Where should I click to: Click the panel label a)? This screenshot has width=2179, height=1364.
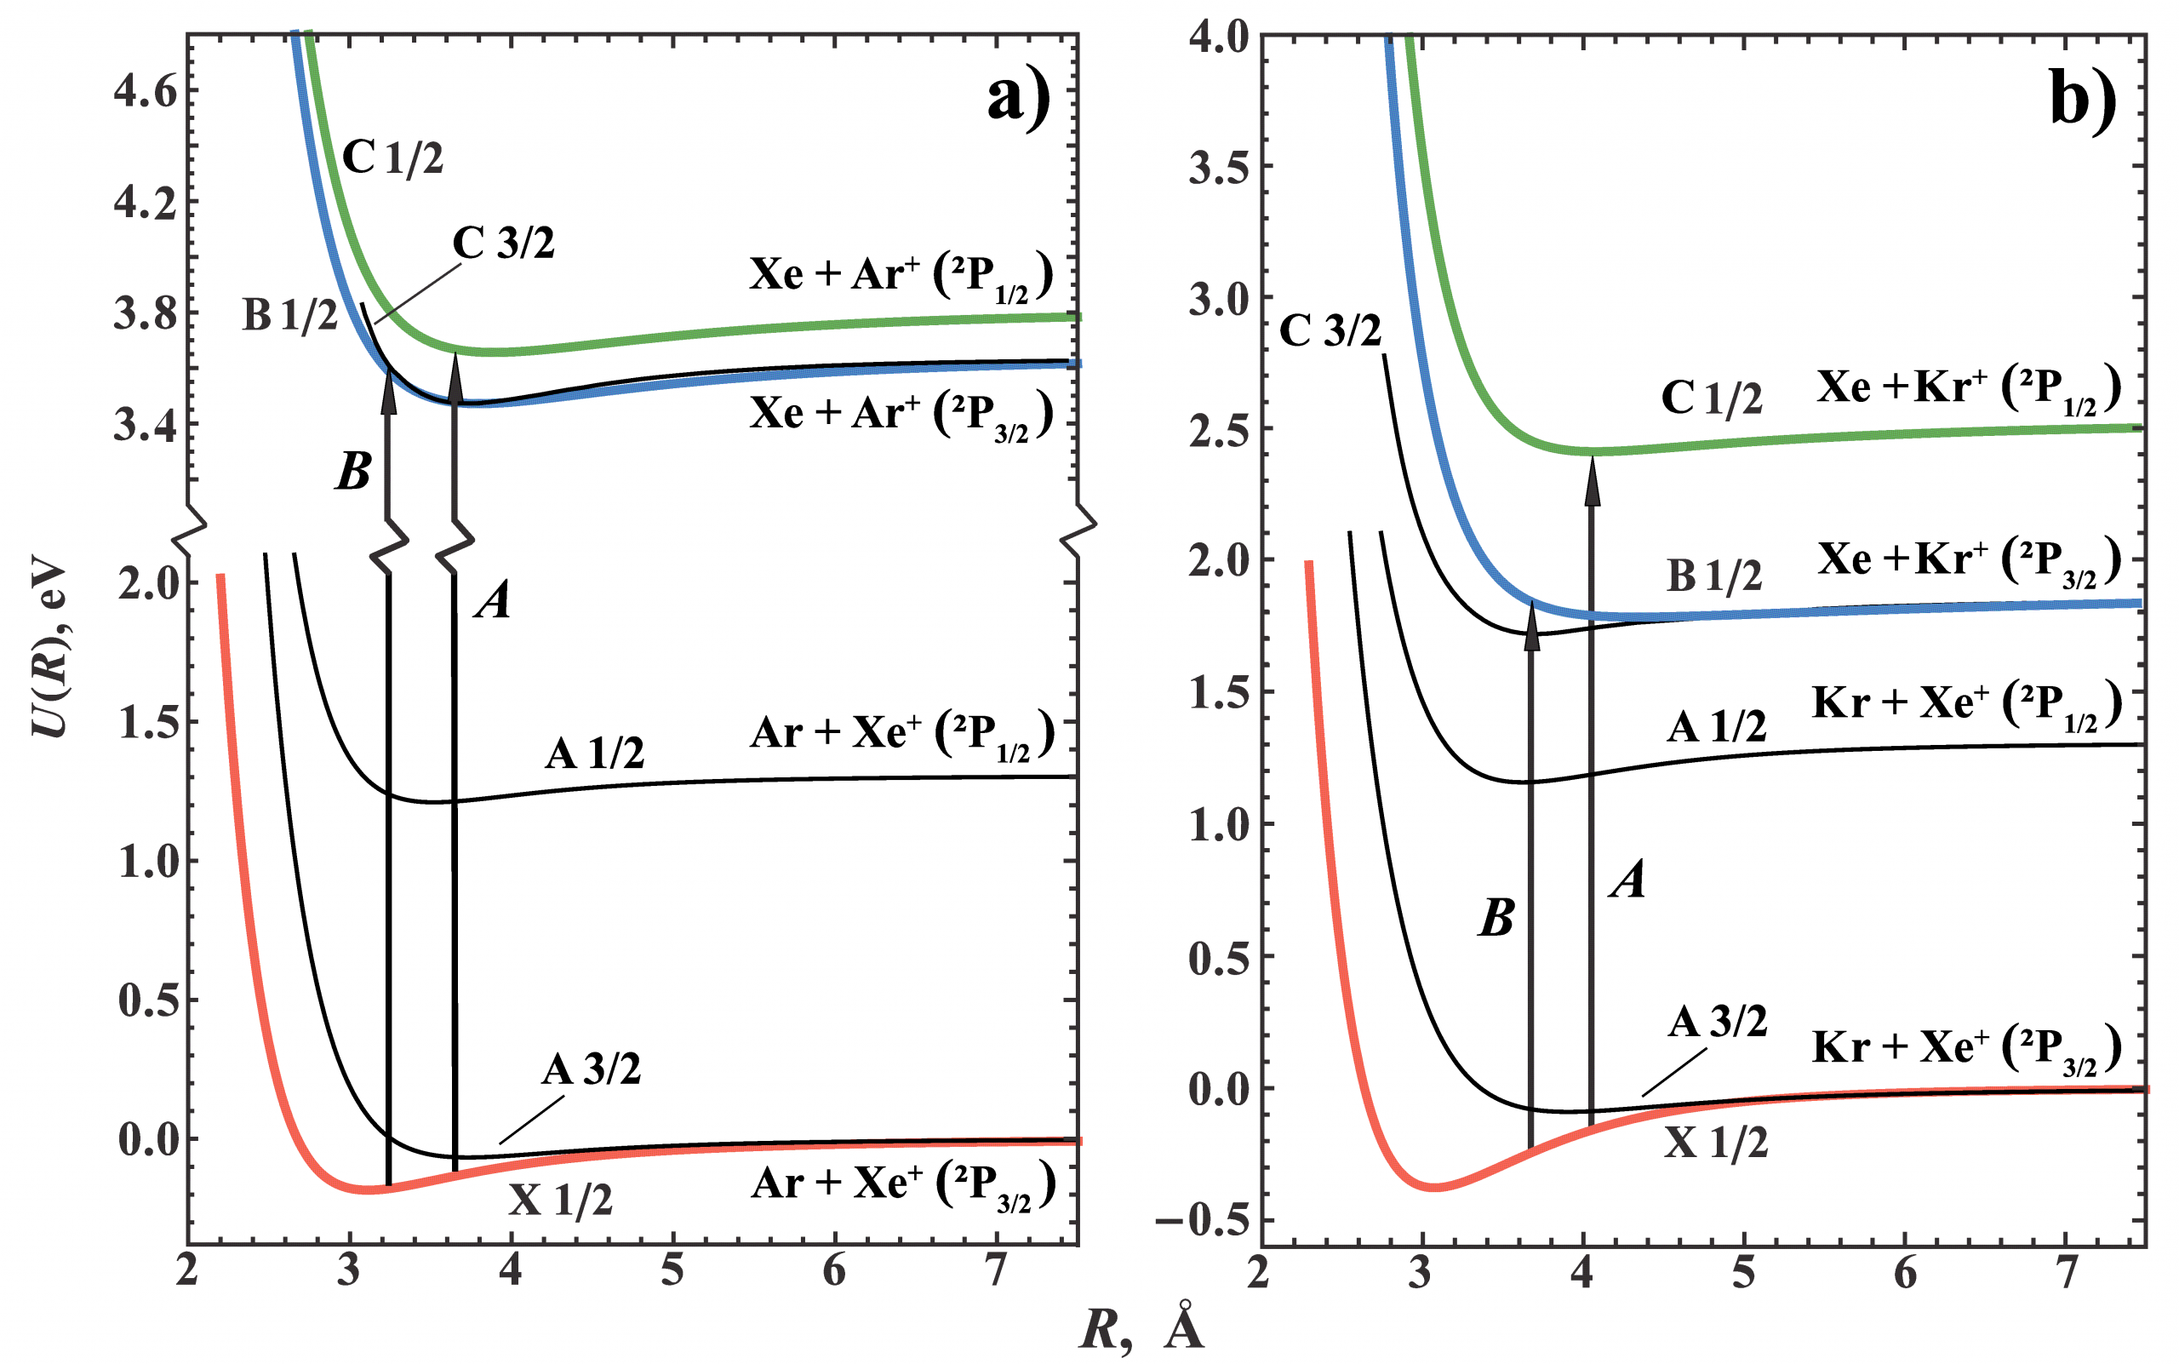[1018, 97]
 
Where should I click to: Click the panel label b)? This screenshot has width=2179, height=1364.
[2083, 100]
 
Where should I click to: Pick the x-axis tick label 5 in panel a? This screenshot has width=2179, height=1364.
[672, 1270]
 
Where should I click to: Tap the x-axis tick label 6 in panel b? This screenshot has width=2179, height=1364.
[1906, 1272]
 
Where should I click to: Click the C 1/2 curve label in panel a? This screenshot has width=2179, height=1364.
[393, 158]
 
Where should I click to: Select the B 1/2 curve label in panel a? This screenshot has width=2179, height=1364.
[289, 315]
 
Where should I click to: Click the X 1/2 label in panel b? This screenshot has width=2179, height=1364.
[1715, 1143]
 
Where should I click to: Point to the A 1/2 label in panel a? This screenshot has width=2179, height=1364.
[594, 754]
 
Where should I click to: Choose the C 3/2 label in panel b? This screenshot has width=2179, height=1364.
[1330, 331]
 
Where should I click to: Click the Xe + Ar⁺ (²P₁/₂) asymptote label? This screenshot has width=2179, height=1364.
[900, 276]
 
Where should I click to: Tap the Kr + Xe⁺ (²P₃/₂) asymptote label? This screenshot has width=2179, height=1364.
[1966, 1049]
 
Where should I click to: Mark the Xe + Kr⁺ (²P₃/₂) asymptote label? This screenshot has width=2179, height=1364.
[1969, 562]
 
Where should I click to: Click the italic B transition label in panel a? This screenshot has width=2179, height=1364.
[352, 471]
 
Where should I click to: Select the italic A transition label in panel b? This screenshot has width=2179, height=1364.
[1628, 879]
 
